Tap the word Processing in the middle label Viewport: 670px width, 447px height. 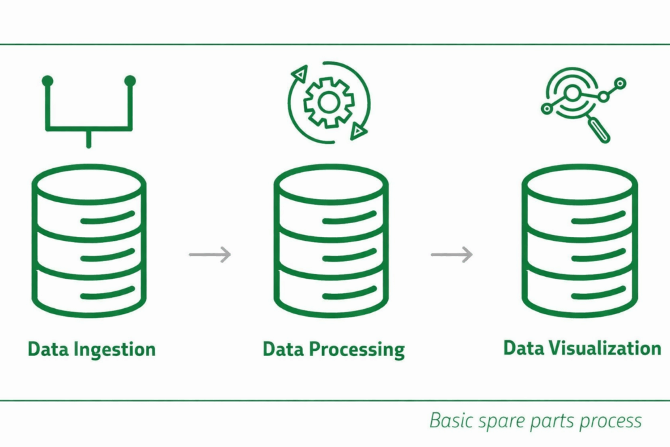[357, 349]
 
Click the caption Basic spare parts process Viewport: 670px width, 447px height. [535, 420]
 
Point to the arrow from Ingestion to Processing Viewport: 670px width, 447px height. [210, 254]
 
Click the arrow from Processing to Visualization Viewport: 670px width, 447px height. [451, 254]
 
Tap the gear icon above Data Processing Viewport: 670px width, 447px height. [329, 101]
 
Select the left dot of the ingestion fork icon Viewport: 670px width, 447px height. [47, 81]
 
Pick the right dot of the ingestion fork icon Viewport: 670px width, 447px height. [130, 81]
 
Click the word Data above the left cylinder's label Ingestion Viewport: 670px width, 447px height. [48, 349]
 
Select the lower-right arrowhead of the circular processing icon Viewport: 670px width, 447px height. [357, 132]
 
